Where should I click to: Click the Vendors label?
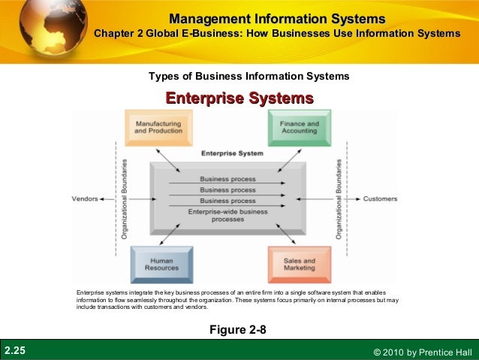coord(86,199)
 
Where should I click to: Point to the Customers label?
coord(380,199)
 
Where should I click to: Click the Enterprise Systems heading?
coord(239,98)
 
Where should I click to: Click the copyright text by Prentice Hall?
coord(421,352)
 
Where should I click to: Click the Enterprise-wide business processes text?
coord(227,216)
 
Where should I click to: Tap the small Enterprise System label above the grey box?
coord(232,153)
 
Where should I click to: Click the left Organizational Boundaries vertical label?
coord(124,199)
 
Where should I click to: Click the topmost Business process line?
coord(227,179)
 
